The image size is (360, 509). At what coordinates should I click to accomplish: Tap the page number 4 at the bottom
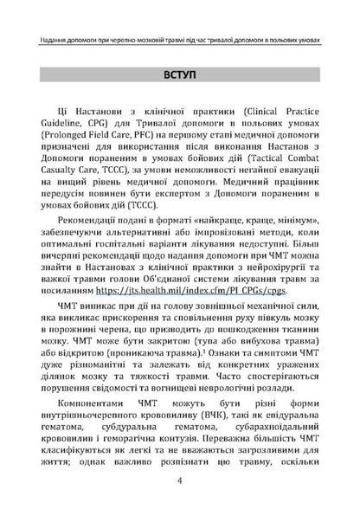(178, 482)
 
